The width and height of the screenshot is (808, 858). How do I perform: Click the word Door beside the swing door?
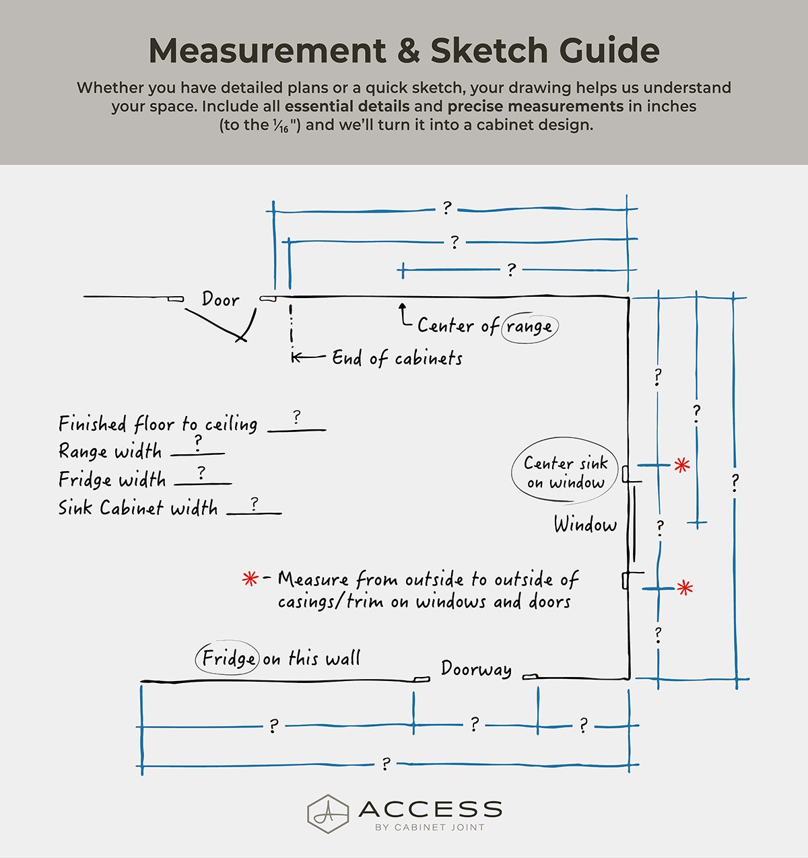tap(220, 299)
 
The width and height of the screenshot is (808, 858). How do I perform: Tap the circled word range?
tap(529, 327)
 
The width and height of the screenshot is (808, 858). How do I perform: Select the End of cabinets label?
tap(397, 358)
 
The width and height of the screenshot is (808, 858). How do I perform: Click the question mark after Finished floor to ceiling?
tap(297, 418)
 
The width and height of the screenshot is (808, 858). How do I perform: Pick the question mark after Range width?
tap(198, 443)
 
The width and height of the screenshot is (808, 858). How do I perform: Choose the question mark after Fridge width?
tap(201, 473)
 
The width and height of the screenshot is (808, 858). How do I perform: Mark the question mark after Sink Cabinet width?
tap(254, 503)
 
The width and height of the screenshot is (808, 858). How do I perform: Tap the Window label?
tap(585, 525)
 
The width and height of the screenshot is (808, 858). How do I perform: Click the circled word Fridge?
tap(228, 658)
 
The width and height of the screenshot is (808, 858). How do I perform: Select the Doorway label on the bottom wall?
tap(476, 669)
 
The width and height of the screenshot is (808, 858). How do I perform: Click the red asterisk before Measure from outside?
tap(250, 579)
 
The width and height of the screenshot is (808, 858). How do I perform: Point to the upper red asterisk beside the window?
tap(682, 464)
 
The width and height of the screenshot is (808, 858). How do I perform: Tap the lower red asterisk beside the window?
tap(685, 588)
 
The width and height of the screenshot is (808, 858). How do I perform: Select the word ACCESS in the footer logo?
tap(430, 809)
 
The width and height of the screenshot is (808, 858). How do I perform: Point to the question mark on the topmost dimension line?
tap(446, 209)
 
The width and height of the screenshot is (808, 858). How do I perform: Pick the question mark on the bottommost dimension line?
tap(386, 764)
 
